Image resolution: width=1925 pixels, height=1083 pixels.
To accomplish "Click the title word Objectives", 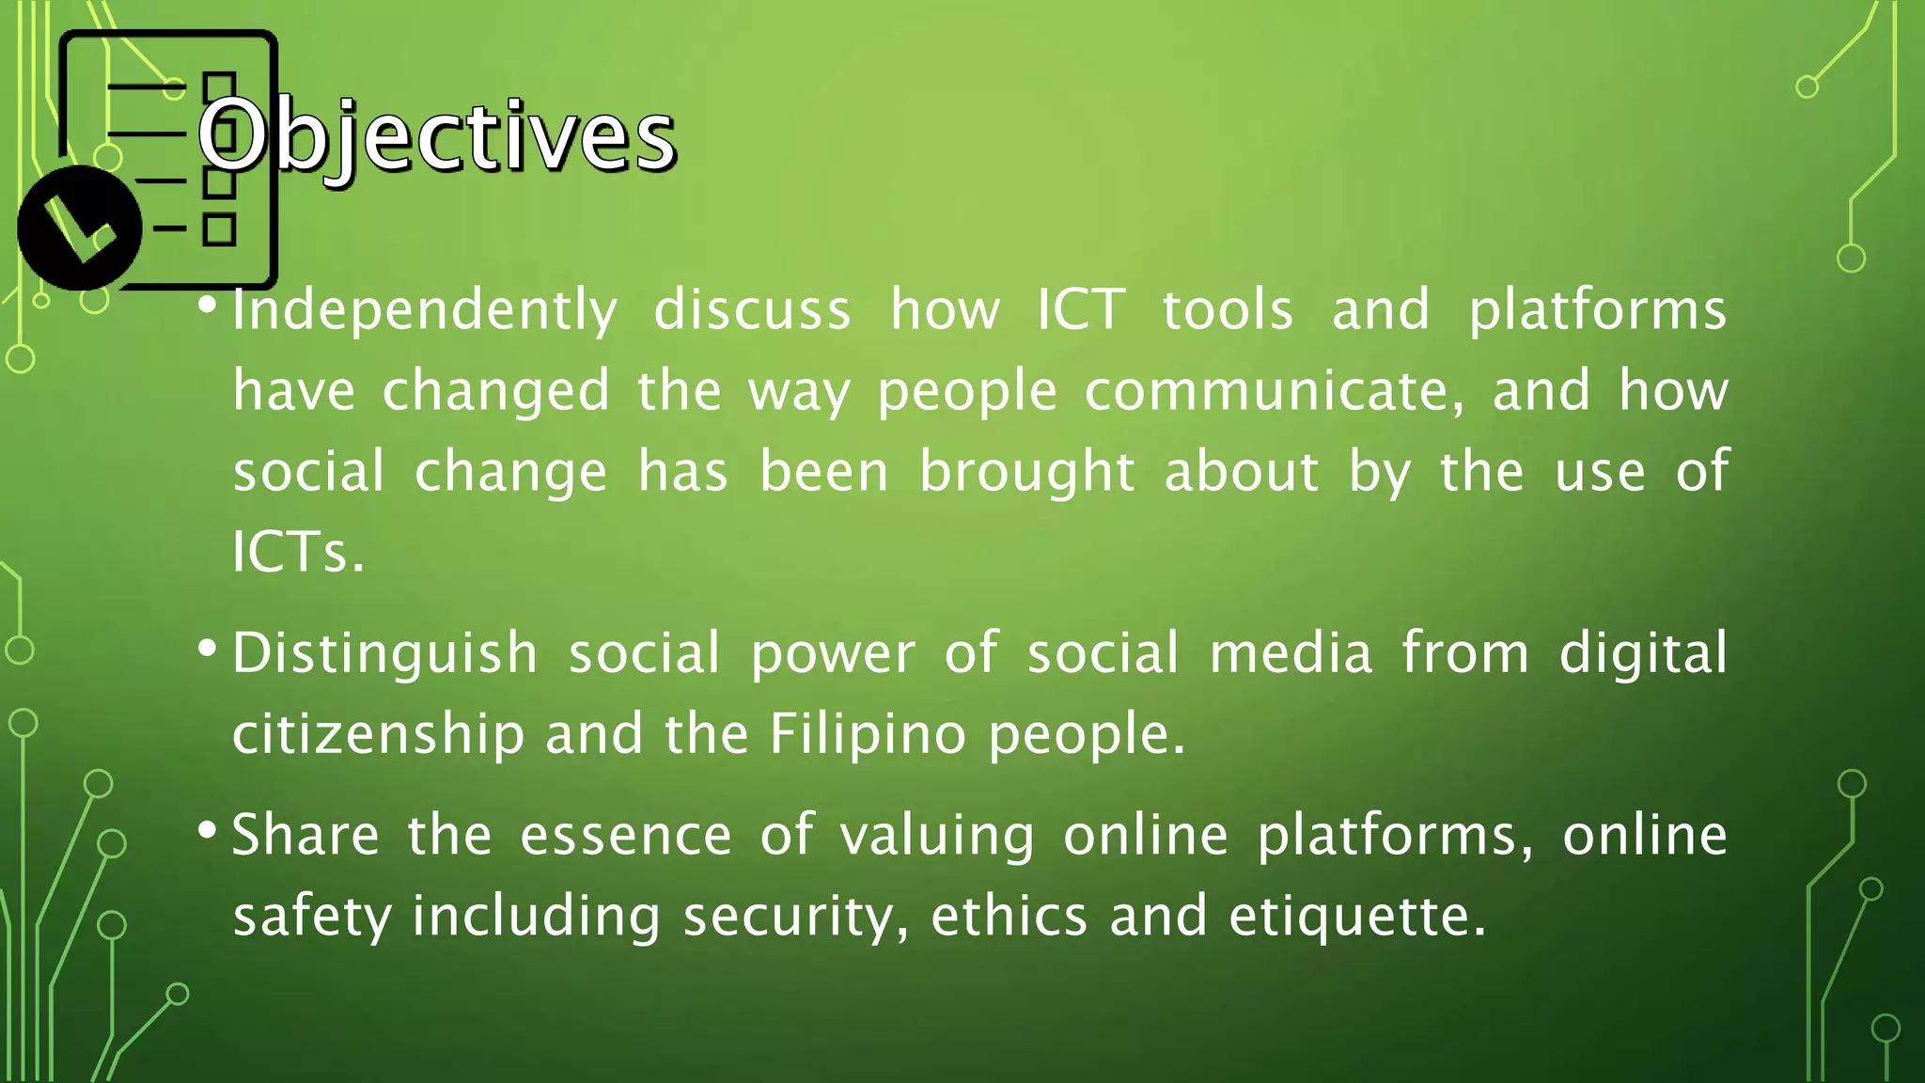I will tap(436, 137).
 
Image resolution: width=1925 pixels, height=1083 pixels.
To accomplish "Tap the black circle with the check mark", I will tap(79, 228).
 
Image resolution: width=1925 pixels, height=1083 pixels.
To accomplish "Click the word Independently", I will tap(425, 310).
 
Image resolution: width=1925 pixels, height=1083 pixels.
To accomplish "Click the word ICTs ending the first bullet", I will tap(296, 552).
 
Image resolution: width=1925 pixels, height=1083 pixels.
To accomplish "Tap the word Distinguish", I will tap(384, 654).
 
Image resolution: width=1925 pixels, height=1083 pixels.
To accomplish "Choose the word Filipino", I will tap(868, 733).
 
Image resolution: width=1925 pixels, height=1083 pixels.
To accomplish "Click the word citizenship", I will tap(378, 733).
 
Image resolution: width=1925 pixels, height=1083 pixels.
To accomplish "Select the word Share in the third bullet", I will tap(305, 835).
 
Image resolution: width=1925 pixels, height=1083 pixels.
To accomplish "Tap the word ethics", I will tap(1009, 917).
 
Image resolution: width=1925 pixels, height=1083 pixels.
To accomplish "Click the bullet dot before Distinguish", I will tap(208, 649).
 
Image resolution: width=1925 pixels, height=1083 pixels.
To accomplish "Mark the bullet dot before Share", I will tap(208, 830).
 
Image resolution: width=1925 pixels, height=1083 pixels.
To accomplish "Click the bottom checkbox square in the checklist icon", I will tap(219, 229).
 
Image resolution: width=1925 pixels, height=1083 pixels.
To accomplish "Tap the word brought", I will tap(1026, 471).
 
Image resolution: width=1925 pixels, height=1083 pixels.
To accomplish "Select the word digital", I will tap(1643, 653).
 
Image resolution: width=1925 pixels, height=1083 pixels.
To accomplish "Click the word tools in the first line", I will tap(1228, 310).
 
